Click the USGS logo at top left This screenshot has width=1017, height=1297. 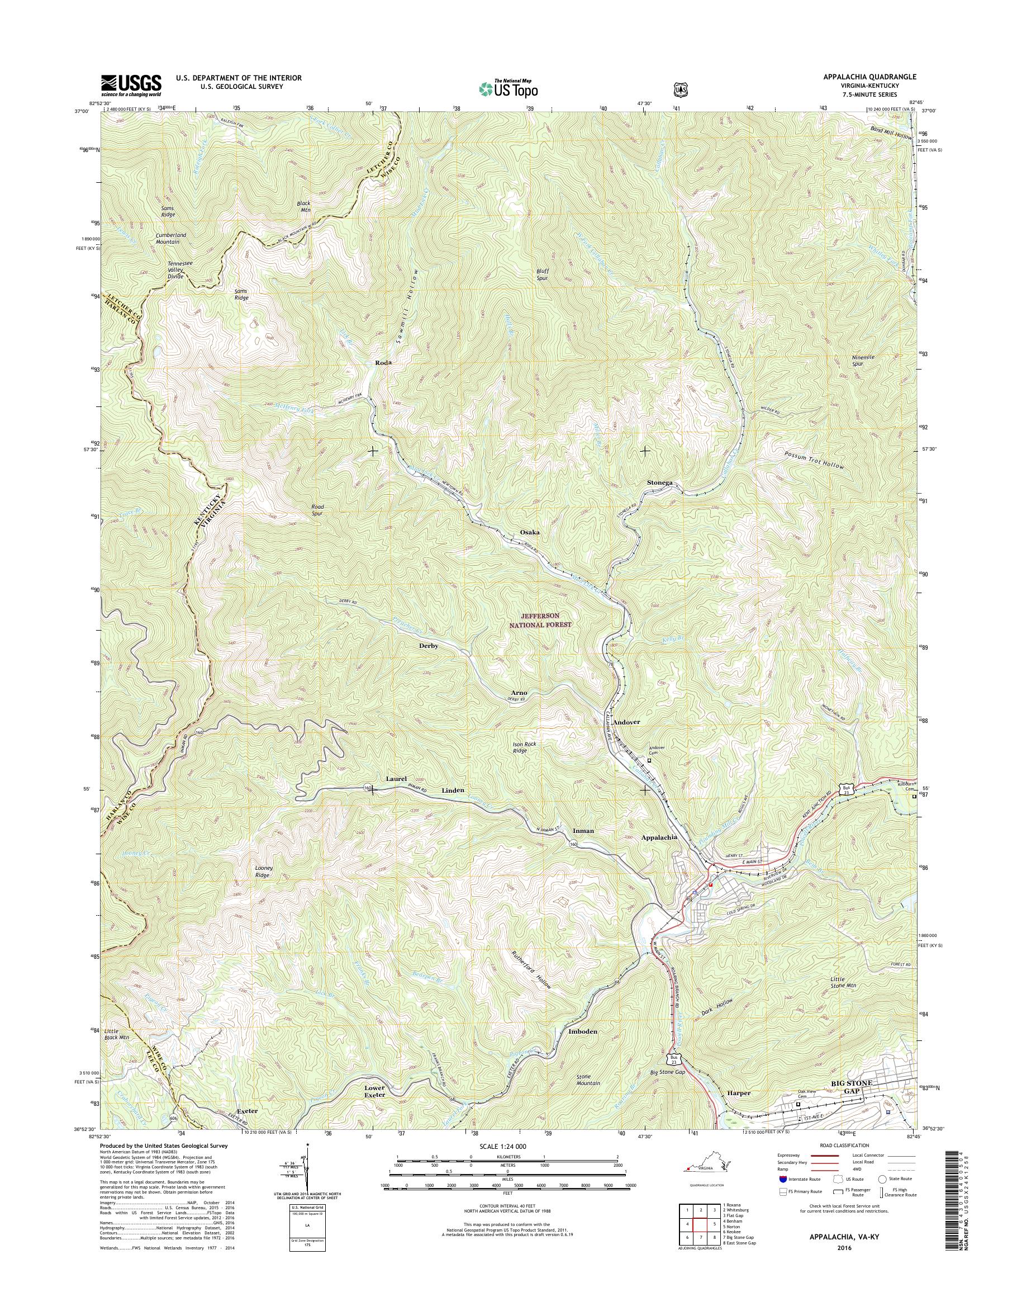coord(131,85)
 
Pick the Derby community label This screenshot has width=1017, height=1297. coord(429,646)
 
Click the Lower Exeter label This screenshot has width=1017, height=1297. coord(374,1091)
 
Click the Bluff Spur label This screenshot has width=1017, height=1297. coord(543,274)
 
